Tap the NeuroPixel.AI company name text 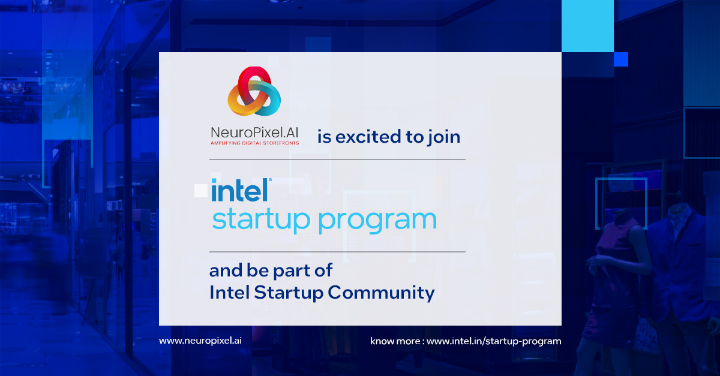[255, 131]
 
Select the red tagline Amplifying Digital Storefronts [255, 143]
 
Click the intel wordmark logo [239, 189]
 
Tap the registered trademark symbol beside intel [270, 179]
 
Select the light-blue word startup [262, 220]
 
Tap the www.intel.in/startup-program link [494, 341]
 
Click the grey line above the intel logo [337, 160]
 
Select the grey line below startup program [337, 252]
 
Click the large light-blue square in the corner [587, 26]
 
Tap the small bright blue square [621, 59]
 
